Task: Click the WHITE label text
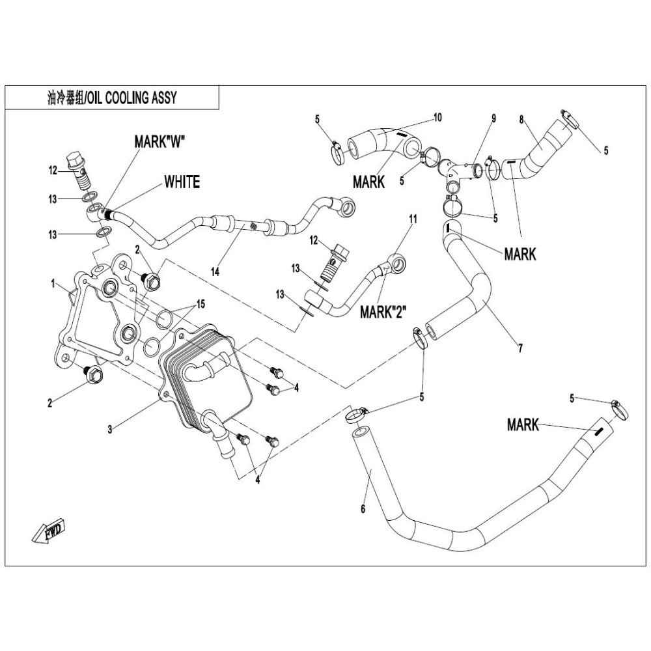(182, 182)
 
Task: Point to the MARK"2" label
(383, 311)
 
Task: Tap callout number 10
(437, 117)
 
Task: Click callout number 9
(493, 118)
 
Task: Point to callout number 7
(520, 348)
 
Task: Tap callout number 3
(111, 429)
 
